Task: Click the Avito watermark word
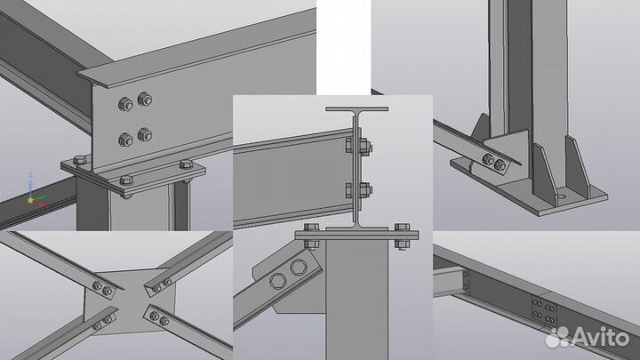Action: pos(600,337)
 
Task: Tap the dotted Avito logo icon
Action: pos(557,337)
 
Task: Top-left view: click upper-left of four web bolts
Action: pos(125,105)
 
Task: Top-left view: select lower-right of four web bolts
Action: pos(145,135)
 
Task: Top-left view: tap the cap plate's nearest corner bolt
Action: pos(125,181)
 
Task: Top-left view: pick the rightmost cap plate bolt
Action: pos(186,165)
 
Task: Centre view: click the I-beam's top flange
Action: pos(356,109)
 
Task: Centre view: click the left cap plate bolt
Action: pos(311,236)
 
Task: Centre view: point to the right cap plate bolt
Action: pos(402,236)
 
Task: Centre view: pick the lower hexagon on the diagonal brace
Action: pos(278,282)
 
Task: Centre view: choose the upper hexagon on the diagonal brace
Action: pos(299,268)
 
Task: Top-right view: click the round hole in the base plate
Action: pos(563,196)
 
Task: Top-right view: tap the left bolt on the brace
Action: pos(488,160)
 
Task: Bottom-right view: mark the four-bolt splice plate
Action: pos(544,310)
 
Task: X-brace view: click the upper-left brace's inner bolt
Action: pos(108,291)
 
